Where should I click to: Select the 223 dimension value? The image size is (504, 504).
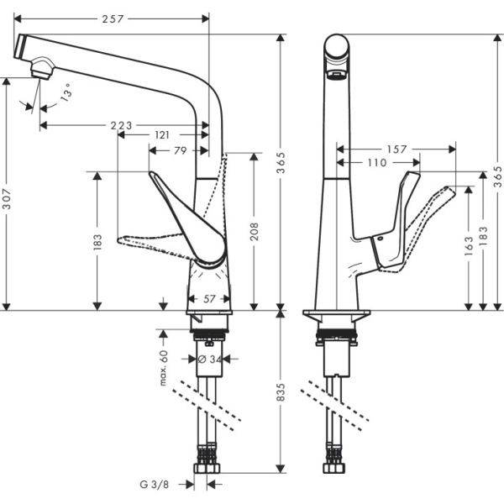click(122, 125)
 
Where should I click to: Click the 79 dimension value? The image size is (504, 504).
click(179, 151)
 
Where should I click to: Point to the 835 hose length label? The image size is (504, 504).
click(283, 391)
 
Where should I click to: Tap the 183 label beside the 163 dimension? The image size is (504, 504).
click(482, 239)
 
